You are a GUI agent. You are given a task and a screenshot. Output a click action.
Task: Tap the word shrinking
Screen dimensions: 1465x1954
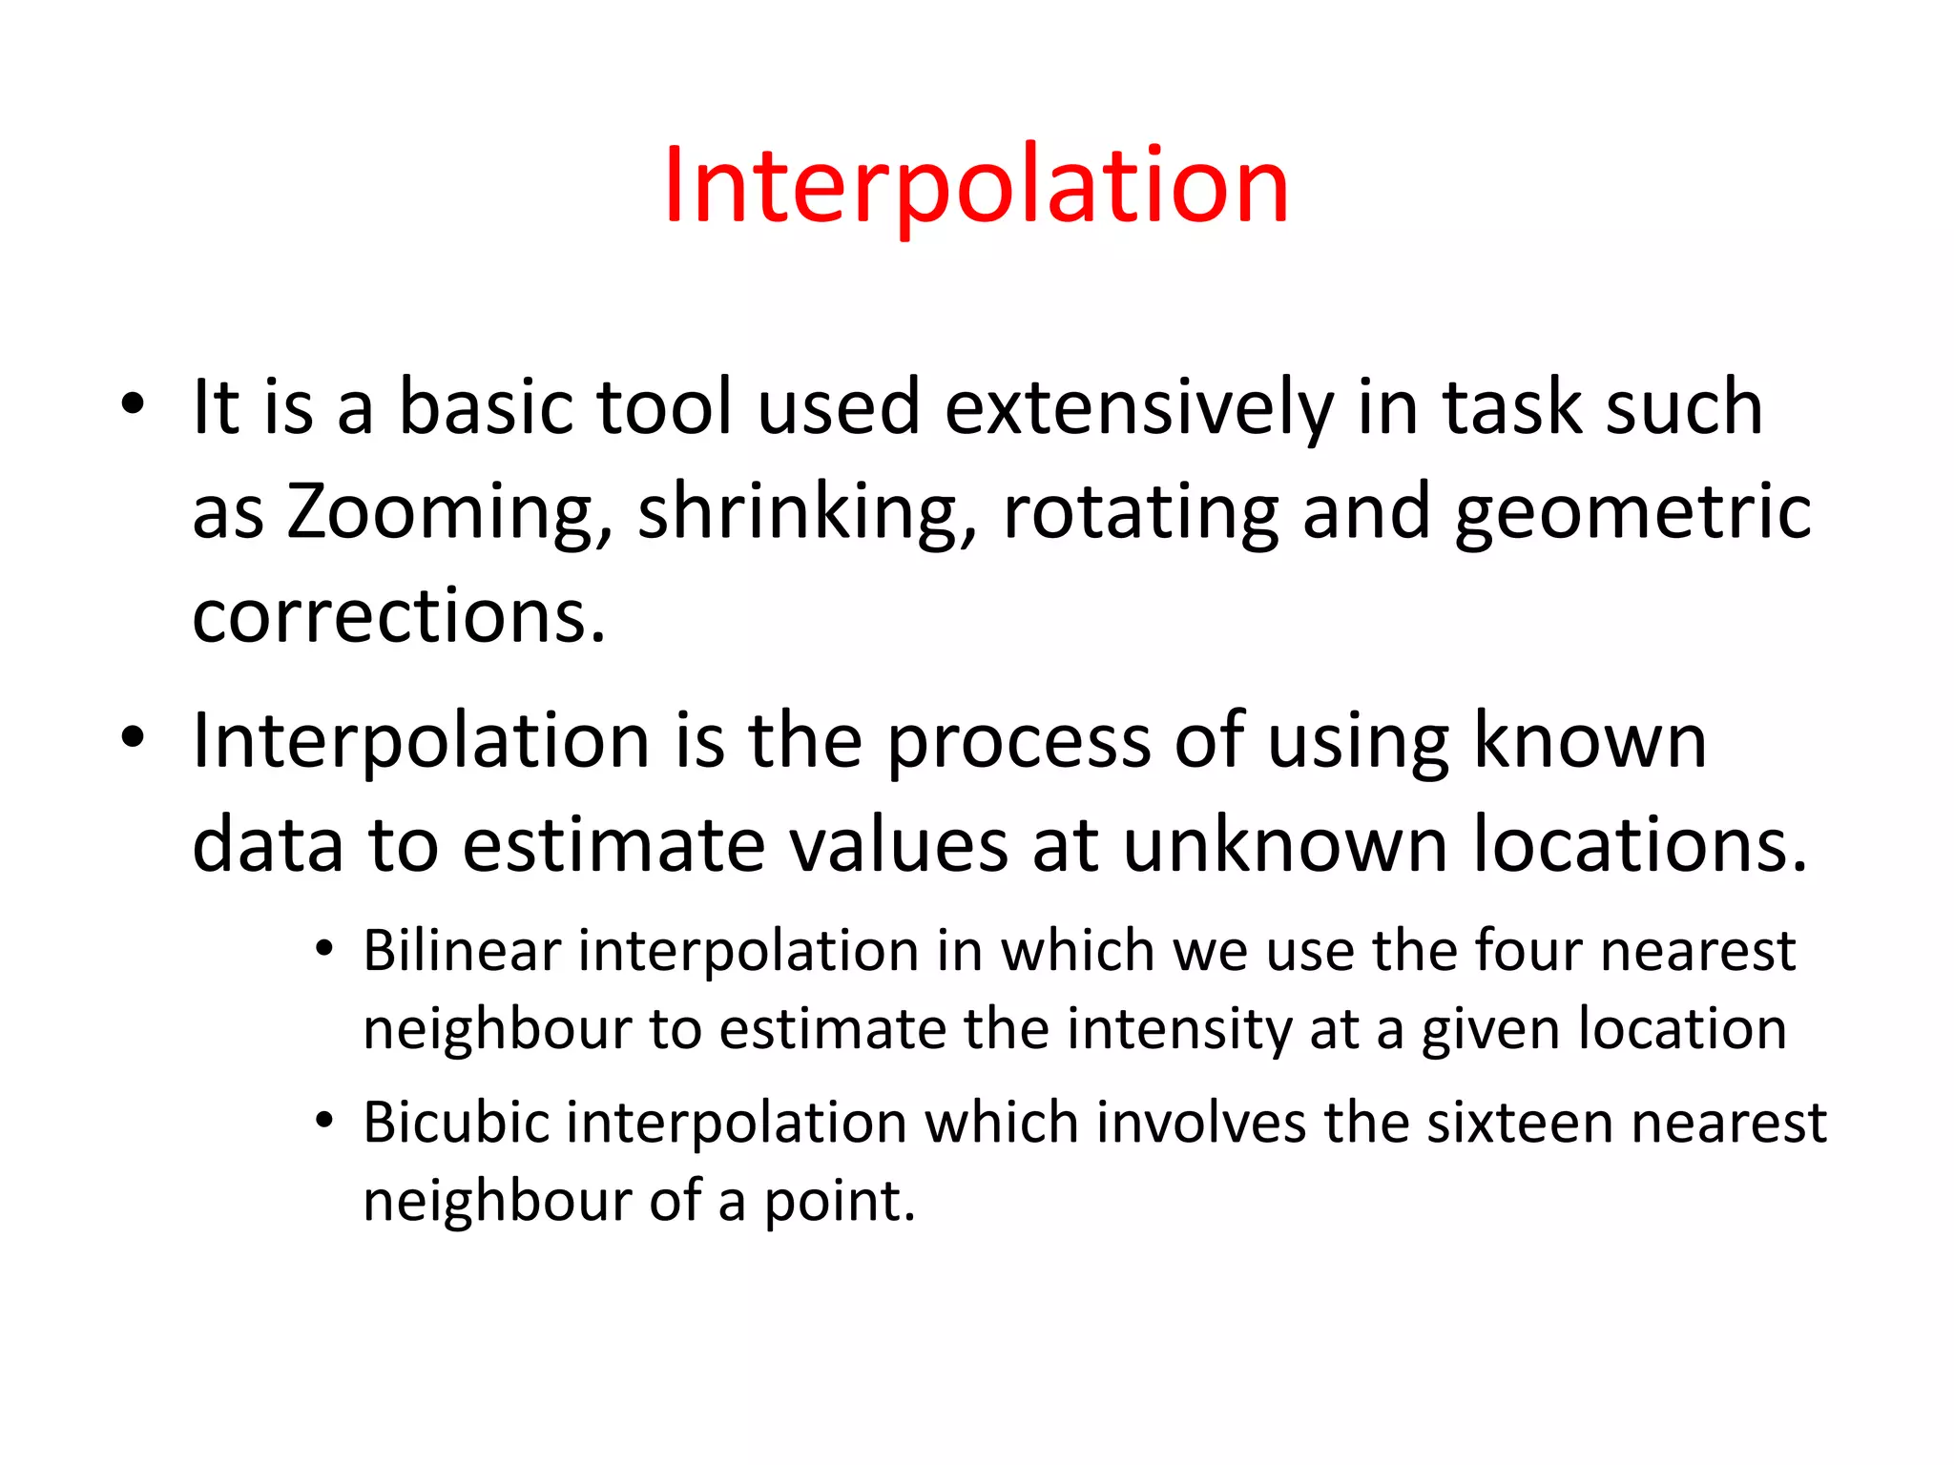coord(807,513)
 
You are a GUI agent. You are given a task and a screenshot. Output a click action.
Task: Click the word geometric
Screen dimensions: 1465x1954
coord(1632,513)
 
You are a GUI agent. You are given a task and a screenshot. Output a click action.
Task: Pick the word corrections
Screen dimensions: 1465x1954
coord(399,616)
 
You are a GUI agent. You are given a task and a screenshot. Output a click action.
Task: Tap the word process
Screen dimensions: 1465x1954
coord(1018,742)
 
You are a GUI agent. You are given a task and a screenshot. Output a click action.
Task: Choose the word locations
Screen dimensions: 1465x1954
coord(1639,845)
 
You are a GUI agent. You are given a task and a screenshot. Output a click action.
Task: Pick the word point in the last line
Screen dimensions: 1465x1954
coord(839,1201)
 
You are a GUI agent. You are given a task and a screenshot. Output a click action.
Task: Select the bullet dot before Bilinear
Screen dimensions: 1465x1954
coord(324,949)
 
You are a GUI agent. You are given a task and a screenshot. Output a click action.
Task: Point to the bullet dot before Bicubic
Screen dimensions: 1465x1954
coord(324,1121)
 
